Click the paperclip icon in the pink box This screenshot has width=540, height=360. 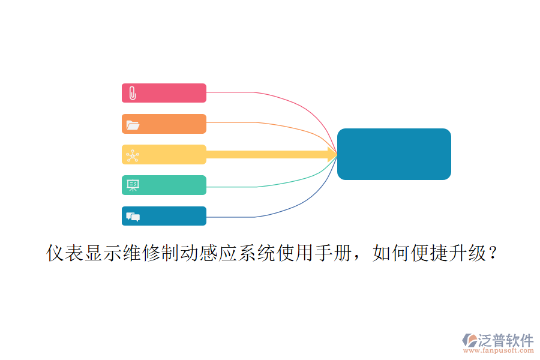coord(133,93)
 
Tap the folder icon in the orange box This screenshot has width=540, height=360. coord(133,125)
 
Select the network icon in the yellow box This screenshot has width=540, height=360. coord(133,156)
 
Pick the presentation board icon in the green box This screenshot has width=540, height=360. coord(133,185)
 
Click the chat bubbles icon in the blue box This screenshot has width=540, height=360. coord(133,217)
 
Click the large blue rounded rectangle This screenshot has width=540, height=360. coord(394,154)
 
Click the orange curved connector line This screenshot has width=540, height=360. coord(286,127)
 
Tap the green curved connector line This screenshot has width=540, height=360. coord(286,182)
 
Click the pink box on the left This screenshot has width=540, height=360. coord(164,93)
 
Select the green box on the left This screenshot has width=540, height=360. coord(164,185)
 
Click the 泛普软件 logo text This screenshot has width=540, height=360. coord(506,340)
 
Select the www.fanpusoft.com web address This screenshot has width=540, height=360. coord(499,350)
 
